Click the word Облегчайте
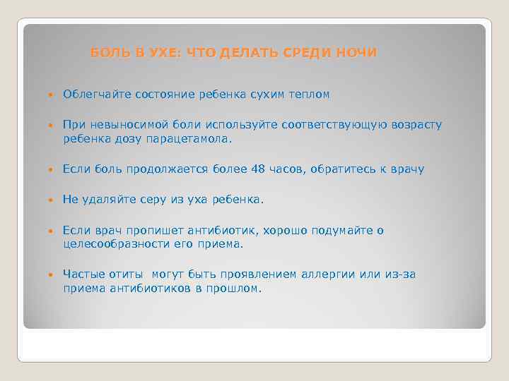[94, 95]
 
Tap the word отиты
[127, 274]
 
